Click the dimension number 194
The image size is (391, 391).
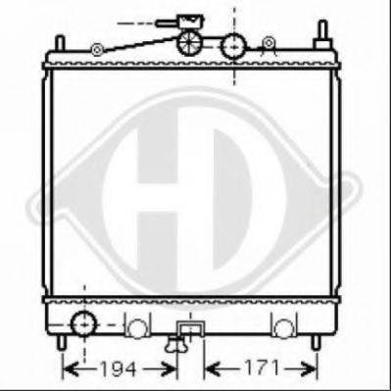(x=118, y=369)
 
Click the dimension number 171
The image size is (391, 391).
(x=263, y=367)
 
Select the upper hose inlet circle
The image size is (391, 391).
(x=233, y=46)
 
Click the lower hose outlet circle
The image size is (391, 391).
(x=84, y=323)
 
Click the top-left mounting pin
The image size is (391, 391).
(x=60, y=43)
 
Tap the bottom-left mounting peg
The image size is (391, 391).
(x=61, y=342)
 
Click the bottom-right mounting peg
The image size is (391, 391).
(x=316, y=342)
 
